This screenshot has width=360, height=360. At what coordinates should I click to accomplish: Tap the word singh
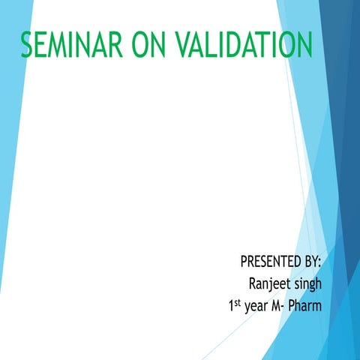(309, 286)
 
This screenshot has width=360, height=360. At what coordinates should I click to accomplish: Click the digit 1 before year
(233, 306)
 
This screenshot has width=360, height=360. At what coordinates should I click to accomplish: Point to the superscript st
(241, 303)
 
